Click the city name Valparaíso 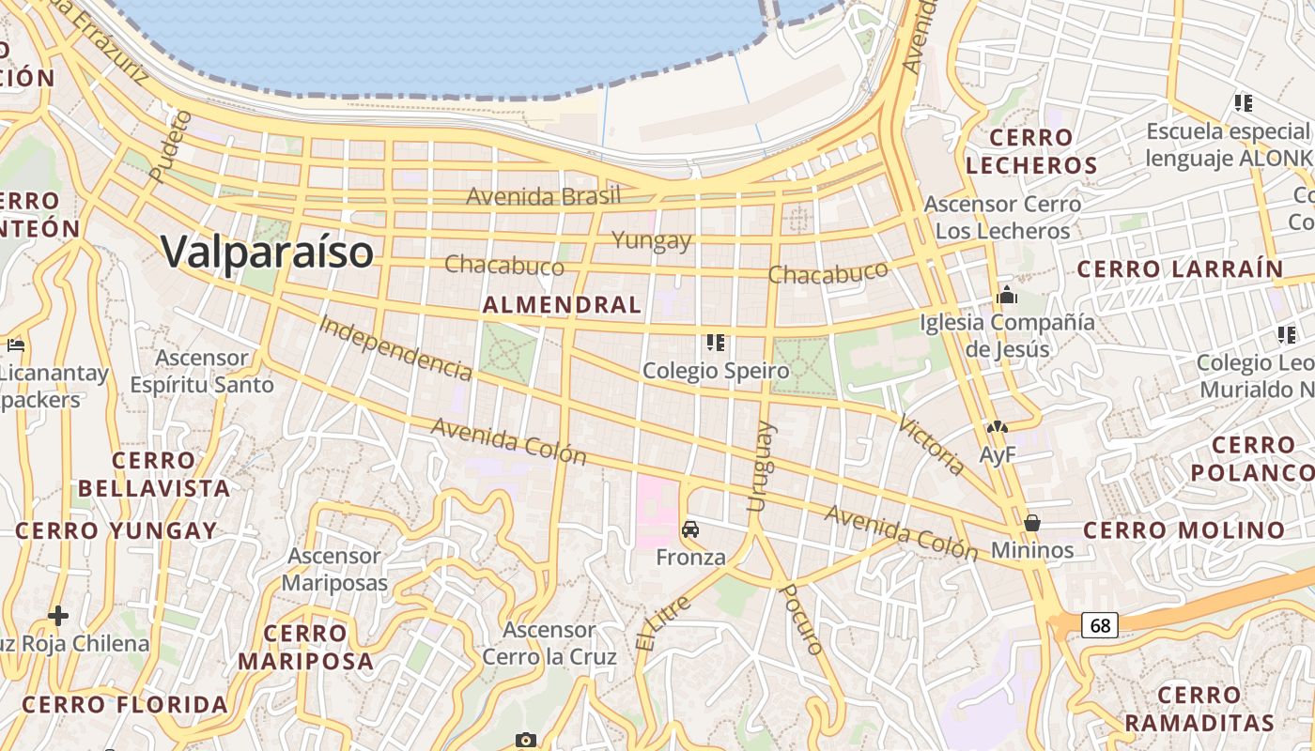pos(267,252)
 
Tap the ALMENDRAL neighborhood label pos(562,304)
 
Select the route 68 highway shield pos(1099,625)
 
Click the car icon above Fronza pos(690,530)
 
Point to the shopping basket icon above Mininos pos(1032,523)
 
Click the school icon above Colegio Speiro pos(716,343)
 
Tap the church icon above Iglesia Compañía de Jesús pos(1007,296)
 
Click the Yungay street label pos(652,240)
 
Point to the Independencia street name pos(394,347)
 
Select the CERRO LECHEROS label pos(1031,151)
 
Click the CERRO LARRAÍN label pos(1180,269)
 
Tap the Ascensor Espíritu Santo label pos(202,371)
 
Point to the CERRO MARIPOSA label pos(305,647)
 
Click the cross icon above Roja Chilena pos(58,616)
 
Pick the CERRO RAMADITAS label pos(1199,709)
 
